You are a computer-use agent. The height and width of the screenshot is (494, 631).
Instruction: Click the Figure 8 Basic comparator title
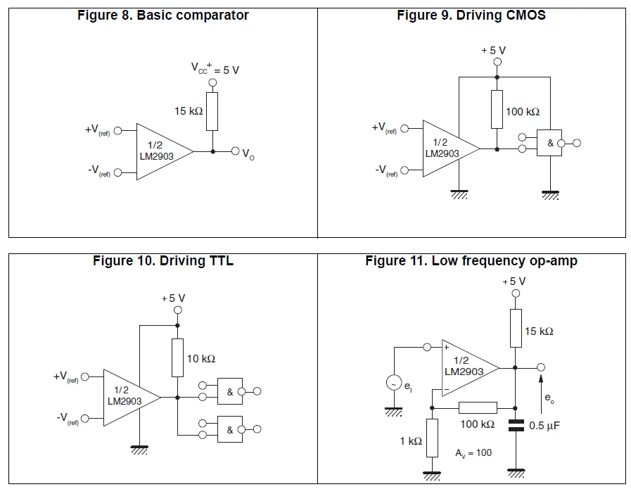pyautogui.click(x=162, y=15)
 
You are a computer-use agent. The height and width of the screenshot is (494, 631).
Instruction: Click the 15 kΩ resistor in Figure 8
pyautogui.click(x=212, y=110)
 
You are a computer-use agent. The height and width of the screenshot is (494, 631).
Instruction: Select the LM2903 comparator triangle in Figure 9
pyautogui.click(x=447, y=148)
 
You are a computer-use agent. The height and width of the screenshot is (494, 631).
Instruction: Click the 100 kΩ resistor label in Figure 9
pyautogui.click(x=523, y=112)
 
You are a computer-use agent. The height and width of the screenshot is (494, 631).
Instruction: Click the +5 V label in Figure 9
pyautogui.click(x=493, y=50)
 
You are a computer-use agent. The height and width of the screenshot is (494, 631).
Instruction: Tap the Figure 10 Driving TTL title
pyautogui.click(x=162, y=261)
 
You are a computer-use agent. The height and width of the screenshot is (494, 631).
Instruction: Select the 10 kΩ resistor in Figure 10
pyautogui.click(x=178, y=358)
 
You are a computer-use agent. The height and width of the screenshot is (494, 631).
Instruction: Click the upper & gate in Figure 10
pyautogui.click(x=229, y=392)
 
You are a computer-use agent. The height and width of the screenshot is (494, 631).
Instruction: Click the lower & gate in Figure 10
pyautogui.click(x=229, y=429)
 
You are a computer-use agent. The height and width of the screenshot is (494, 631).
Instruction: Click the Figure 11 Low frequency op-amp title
pyautogui.click(x=471, y=261)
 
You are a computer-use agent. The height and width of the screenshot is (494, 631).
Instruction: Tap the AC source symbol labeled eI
pyautogui.click(x=393, y=384)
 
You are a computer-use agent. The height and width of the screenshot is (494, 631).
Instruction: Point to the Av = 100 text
pyautogui.click(x=473, y=452)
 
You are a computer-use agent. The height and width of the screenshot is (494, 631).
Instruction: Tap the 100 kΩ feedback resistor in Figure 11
pyautogui.click(x=477, y=407)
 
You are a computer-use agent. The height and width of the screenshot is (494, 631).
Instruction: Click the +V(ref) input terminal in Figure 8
pyautogui.click(x=118, y=130)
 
